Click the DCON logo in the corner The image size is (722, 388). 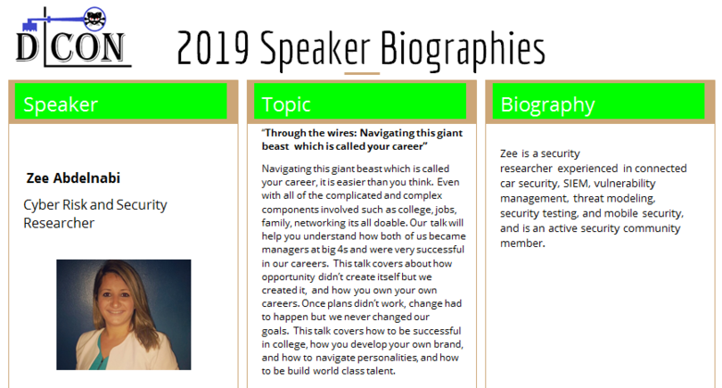pos(74,37)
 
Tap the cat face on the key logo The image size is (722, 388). pos(95,19)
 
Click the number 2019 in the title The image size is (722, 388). pos(213,47)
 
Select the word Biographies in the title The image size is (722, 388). pos(463,50)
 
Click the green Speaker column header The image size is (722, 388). pos(120,101)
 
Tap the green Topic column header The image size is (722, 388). pos(360,101)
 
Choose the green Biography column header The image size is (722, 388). pos(598,101)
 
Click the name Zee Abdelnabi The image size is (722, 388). pos(73,177)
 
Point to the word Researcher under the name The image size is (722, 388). pos(59,223)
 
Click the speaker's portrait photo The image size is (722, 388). pos(123,314)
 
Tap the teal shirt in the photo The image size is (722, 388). pos(98,356)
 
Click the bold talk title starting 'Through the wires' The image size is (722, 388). pos(363,139)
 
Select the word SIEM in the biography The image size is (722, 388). pos(576,183)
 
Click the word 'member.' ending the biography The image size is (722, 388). pos(522,243)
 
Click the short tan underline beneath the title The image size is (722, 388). pos(362,73)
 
